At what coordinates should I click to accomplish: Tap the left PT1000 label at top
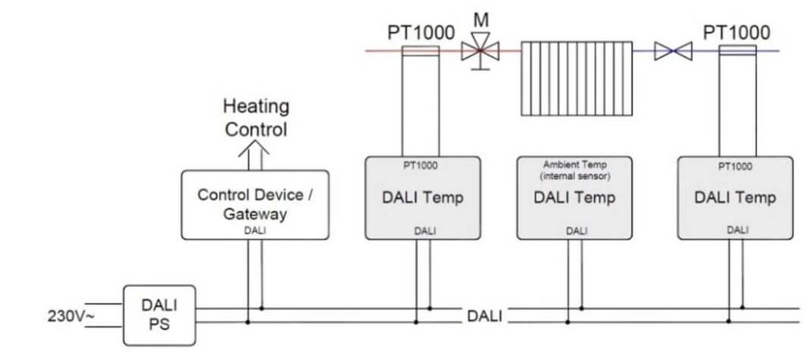420,32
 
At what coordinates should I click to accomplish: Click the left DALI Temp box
422,198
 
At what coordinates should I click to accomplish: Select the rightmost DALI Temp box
736,198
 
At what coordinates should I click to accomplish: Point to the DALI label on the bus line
484,316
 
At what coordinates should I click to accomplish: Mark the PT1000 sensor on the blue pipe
738,51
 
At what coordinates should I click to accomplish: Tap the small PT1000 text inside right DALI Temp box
736,168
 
